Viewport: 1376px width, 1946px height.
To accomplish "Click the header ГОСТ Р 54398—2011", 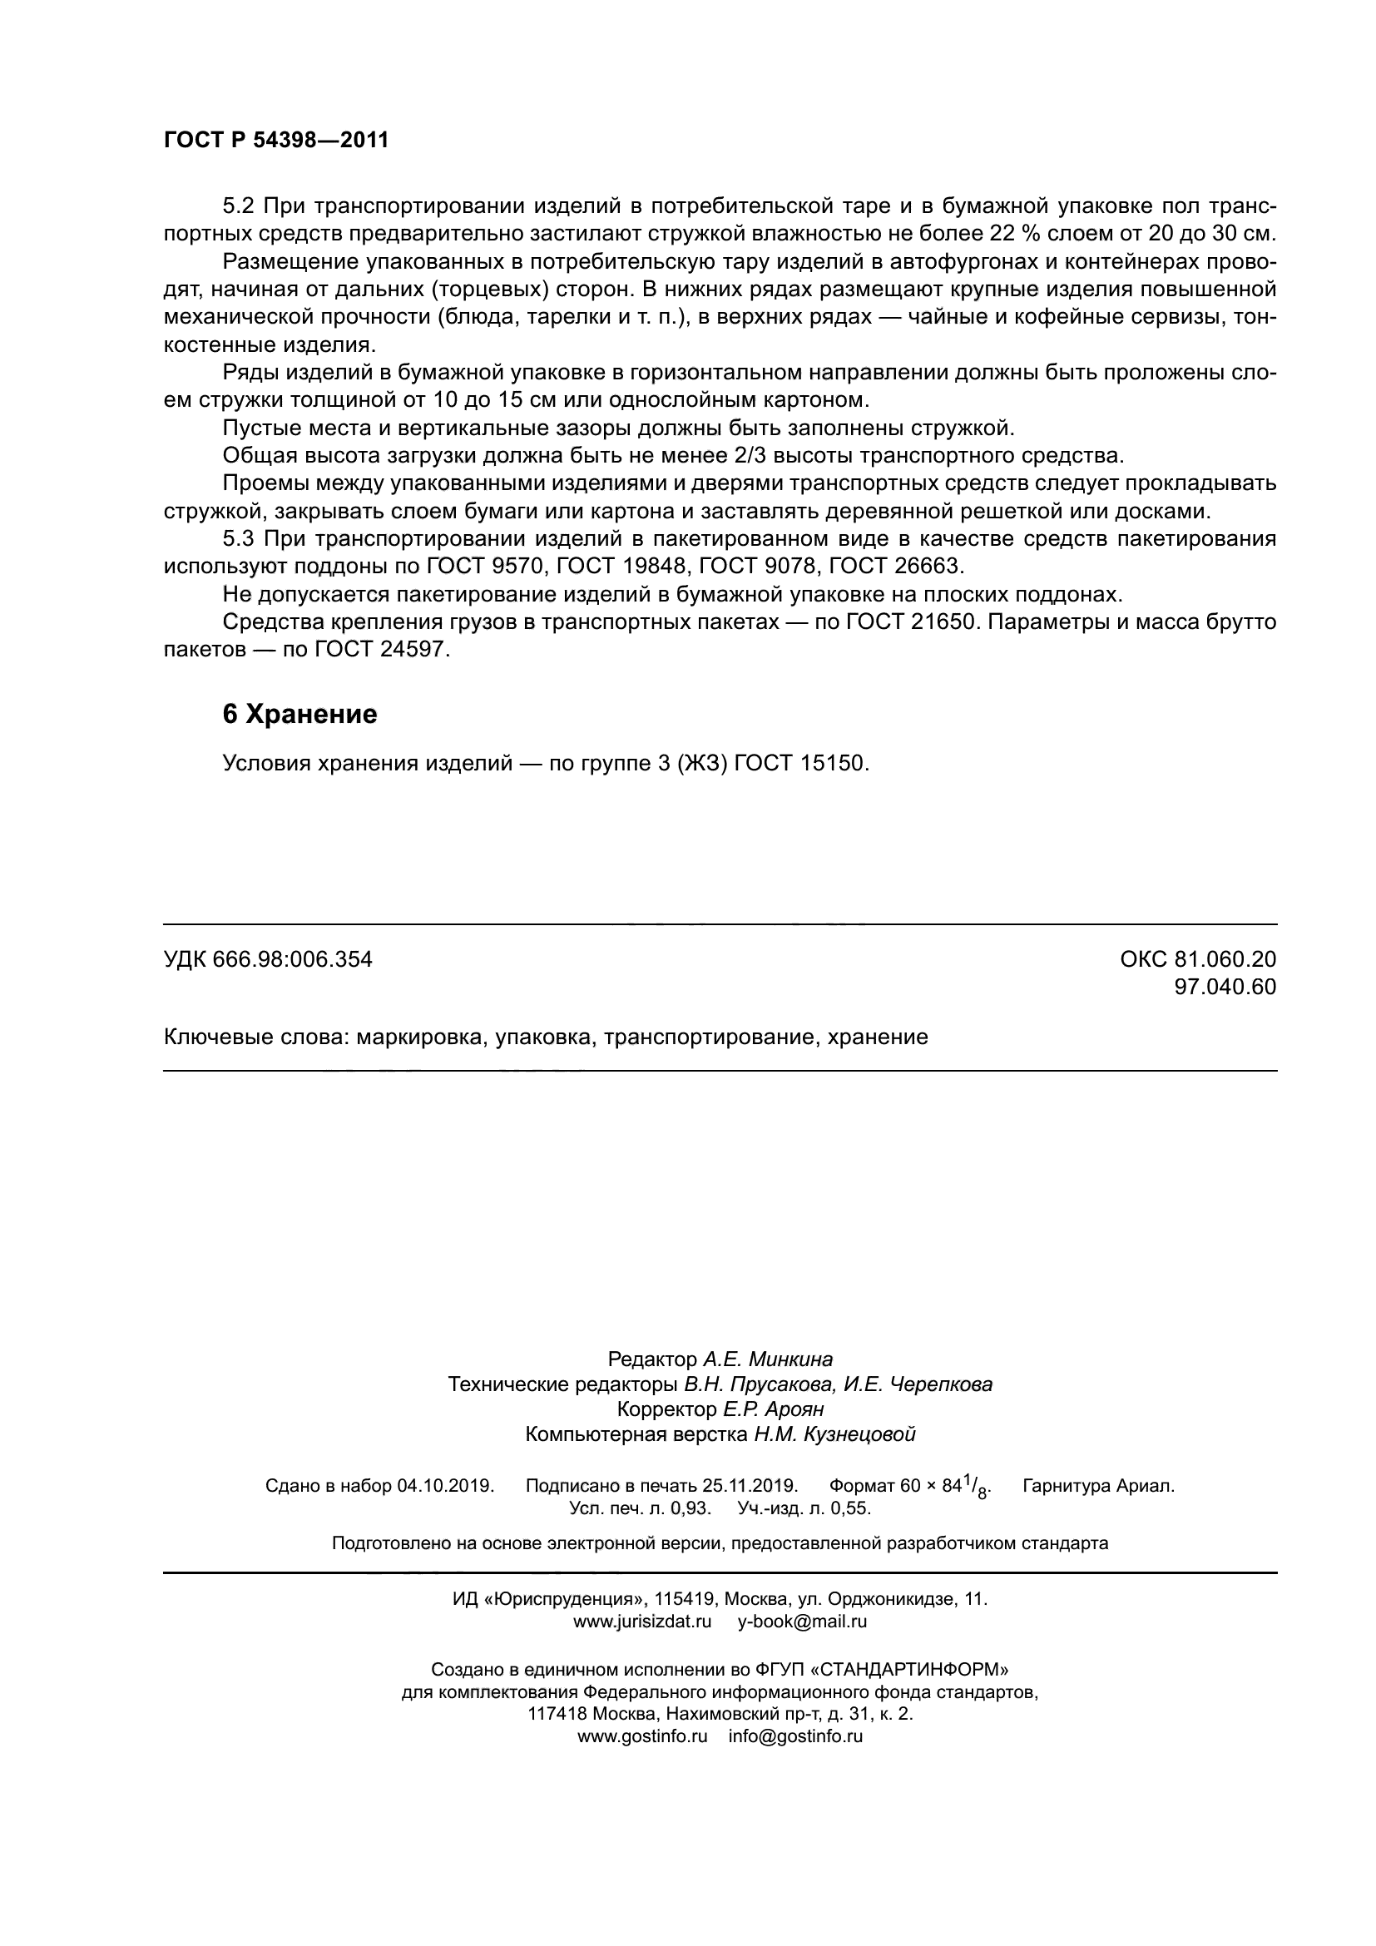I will point(275,140).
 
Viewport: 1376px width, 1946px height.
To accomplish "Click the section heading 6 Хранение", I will point(299,715).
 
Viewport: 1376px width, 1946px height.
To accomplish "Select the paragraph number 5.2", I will point(239,206).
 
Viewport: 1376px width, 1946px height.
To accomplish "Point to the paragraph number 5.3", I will point(239,539).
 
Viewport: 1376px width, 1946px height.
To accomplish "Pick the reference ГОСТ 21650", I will point(908,622).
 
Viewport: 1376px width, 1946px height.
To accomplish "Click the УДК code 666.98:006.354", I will point(292,959).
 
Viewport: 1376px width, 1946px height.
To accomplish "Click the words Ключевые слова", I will point(256,1037).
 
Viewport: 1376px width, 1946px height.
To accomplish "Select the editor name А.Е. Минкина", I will point(767,1359).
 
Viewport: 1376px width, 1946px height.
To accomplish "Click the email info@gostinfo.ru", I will point(794,1736).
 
